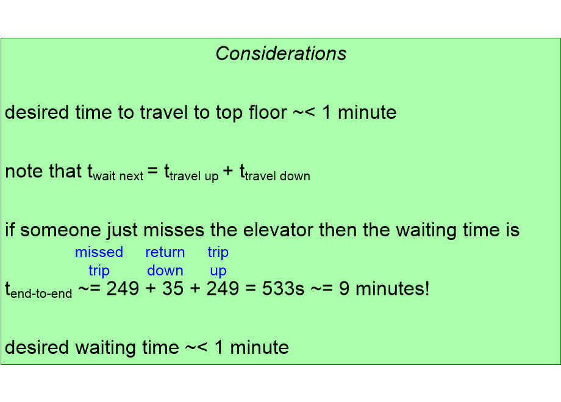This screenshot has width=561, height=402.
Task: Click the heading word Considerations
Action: tap(281, 54)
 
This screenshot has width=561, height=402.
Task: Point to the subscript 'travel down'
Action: tap(277, 177)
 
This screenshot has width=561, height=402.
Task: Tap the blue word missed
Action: tap(99, 252)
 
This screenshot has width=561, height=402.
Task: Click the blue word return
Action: tap(165, 252)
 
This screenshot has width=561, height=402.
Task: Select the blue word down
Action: tap(165, 270)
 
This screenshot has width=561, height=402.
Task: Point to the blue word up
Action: tap(218, 270)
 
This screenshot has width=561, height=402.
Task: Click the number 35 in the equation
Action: tap(173, 289)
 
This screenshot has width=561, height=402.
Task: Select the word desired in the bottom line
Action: tap(37, 347)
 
